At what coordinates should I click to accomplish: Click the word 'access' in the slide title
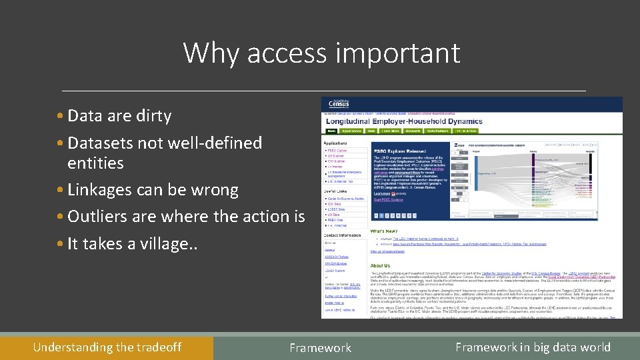286,53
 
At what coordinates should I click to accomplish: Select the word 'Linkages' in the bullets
99,190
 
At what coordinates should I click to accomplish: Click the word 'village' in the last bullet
168,244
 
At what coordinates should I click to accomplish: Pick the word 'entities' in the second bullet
95,163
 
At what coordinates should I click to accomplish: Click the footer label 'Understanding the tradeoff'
107,347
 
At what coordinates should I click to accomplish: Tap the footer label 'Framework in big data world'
533,347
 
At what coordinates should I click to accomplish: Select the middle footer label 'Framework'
320,348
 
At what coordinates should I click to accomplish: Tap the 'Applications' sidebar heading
335,143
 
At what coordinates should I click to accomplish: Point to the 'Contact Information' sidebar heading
343,235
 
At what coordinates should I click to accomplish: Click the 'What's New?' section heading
385,231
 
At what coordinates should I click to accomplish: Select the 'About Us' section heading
381,265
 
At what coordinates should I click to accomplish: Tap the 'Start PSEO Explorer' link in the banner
389,200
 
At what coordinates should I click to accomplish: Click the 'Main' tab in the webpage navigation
331,132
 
